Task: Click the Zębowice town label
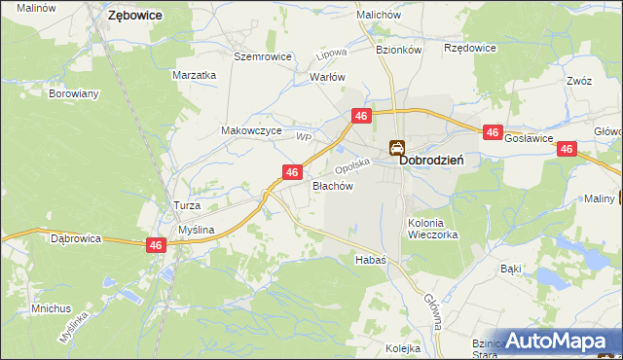(x=135, y=16)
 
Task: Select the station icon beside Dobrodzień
(x=397, y=149)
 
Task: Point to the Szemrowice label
(x=263, y=56)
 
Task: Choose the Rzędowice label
(x=470, y=48)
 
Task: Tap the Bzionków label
(x=397, y=48)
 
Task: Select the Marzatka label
(x=194, y=75)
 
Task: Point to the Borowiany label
(x=74, y=94)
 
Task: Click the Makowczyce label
(x=251, y=130)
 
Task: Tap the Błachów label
(x=332, y=185)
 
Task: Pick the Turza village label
(x=186, y=206)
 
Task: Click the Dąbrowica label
(x=76, y=237)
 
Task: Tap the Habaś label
(x=371, y=260)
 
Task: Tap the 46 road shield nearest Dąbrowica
(x=156, y=246)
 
